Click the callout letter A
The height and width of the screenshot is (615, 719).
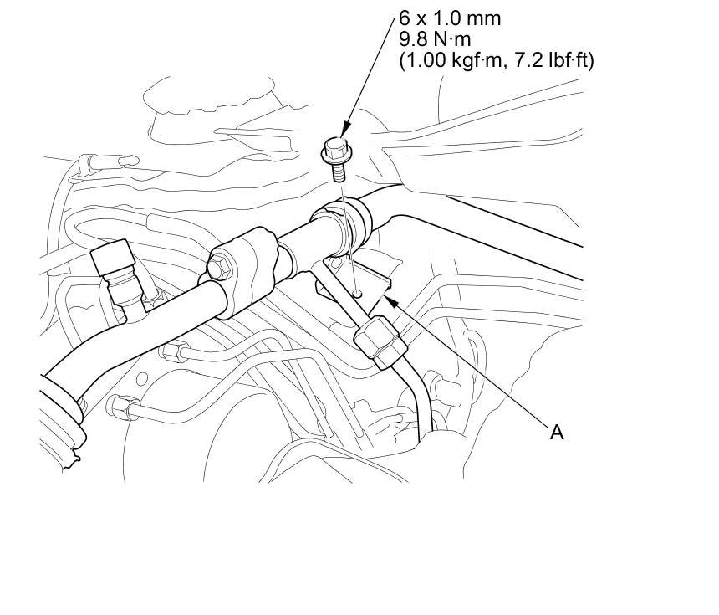(x=556, y=432)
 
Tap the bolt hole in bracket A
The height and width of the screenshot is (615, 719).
(x=357, y=293)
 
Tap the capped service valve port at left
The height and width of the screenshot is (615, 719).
(x=112, y=260)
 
